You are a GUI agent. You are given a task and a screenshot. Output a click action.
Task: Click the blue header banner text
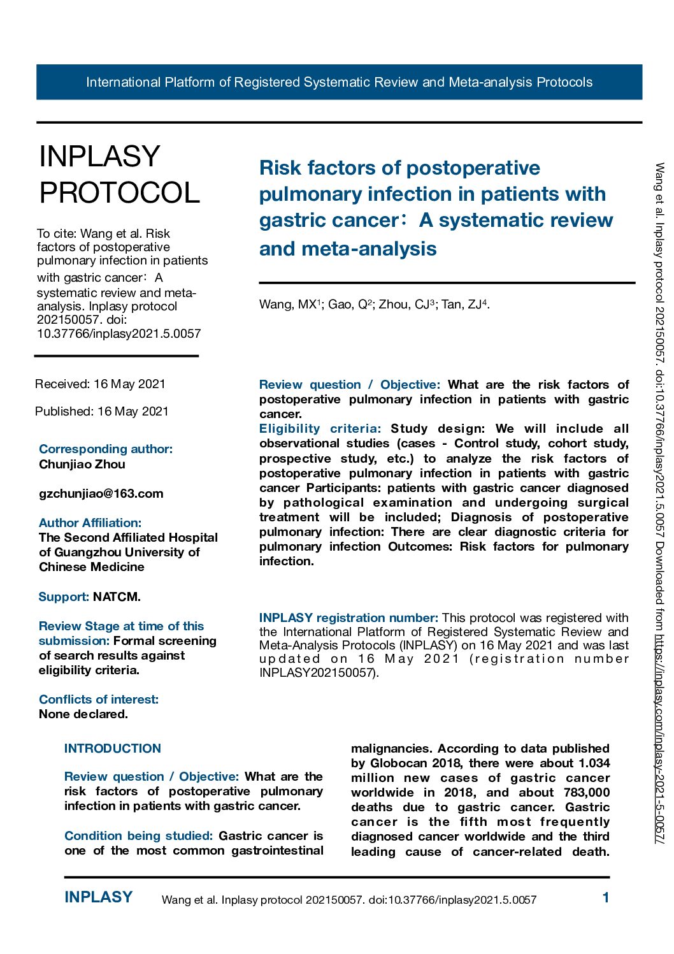[339, 82]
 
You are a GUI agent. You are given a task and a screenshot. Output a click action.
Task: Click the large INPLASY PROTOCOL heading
[120, 175]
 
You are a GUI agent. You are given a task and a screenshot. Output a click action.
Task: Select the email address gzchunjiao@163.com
[101, 494]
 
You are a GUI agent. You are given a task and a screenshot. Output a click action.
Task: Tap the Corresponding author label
[106, 449]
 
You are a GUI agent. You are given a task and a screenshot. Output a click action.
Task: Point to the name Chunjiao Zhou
[82, 465]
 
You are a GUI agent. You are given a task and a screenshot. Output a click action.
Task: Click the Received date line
[100, 384]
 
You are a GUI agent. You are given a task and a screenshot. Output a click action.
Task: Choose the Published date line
[102, 412]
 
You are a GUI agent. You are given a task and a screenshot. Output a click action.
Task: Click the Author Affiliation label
[90, 523]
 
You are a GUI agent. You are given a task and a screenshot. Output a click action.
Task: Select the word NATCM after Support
[116, 597]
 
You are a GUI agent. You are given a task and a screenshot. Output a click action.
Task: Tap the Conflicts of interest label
[99, 700]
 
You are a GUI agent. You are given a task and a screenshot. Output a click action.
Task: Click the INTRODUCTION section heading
[113, 749]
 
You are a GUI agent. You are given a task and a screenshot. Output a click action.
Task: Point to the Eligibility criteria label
[320, 429]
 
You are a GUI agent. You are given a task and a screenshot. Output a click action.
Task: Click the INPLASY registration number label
[348, 618]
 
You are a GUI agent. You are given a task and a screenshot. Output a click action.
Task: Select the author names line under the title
[374, 305]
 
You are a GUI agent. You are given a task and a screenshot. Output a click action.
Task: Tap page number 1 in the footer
[606, 898]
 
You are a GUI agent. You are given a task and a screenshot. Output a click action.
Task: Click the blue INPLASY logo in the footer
[98, 897]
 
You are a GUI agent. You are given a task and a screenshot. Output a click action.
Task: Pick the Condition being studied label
[138, 836]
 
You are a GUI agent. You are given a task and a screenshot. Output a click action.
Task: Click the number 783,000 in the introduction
[586, 793]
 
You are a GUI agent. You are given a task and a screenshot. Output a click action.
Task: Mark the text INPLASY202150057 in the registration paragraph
[317, 673]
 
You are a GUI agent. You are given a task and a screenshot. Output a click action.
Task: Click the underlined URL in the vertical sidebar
[660, 740]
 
